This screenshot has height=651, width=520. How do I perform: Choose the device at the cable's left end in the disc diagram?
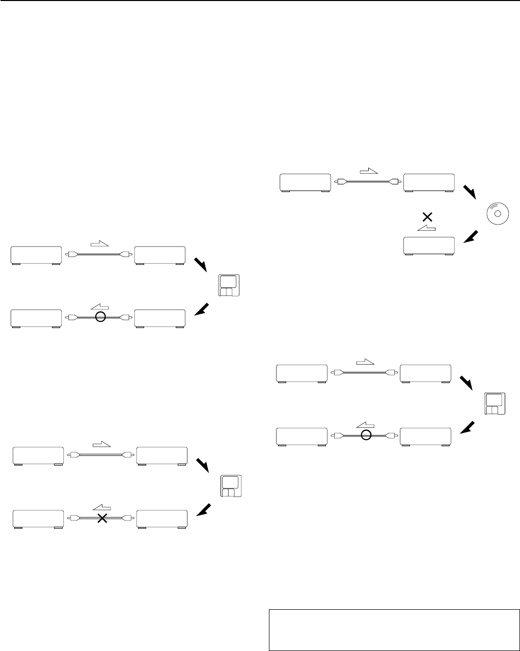tap(306, 183)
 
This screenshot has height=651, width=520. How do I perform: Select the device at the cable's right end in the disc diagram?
tap(429, 183)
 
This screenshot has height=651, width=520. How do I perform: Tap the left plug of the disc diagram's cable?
tap(341, 181)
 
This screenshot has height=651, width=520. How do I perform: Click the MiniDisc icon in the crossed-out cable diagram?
tap(232, 486)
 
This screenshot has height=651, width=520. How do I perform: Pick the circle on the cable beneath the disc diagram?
tap(365, 435)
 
